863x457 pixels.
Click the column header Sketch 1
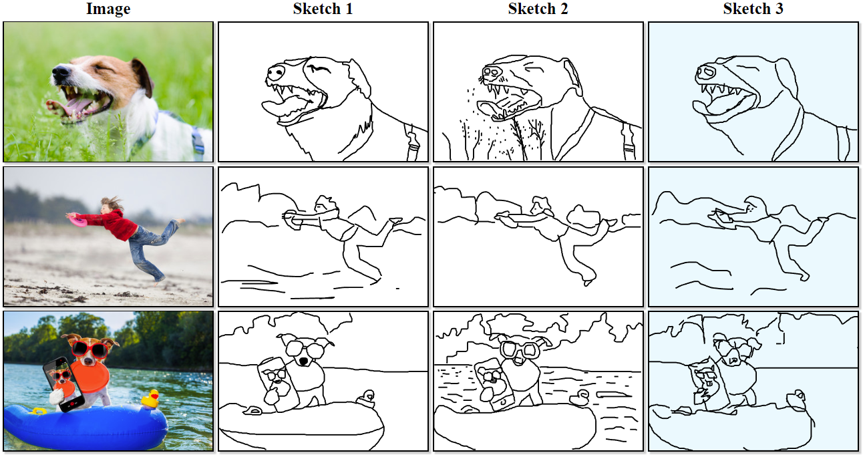pyautogui.click(x=323, y=9)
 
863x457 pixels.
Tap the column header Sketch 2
pyautogui.click(x=538, y=9)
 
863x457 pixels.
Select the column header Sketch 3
pyautogui.click(x=753, y=9)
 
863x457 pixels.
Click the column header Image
pyautogui.click(x=108, y=9)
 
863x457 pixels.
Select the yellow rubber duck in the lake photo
pyautogui.click(x=151, y=399)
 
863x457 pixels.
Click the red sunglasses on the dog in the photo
pyautogui.click(x=90, y=349)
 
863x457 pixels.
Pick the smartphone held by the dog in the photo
pyautogui.click(x=63, y=384)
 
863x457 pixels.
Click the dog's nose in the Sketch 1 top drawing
pyautogui.click(x=276, y=72)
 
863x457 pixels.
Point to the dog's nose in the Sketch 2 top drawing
pyautogui.click(x=492, y=72)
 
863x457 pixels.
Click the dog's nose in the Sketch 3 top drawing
pyautogui.click(x=705, y=72)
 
